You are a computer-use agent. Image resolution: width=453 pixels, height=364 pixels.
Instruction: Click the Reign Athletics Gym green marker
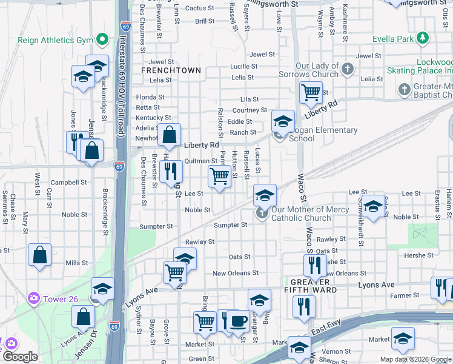coord(102,41)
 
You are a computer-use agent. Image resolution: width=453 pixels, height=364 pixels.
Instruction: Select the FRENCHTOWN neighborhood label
coord(171,70)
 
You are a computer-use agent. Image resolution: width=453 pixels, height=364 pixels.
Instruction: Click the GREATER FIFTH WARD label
coord(310,286)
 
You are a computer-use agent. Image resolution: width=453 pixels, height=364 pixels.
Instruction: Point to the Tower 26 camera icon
coord(33,298)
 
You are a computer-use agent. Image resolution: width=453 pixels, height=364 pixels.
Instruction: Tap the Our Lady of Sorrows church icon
coord(348,68)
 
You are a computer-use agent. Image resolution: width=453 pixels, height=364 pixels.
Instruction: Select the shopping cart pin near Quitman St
coord(219,177)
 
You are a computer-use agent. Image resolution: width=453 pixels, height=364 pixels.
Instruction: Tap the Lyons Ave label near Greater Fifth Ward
coord(376,285)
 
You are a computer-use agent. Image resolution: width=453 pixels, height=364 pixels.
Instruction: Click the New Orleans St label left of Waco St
coord(236,274)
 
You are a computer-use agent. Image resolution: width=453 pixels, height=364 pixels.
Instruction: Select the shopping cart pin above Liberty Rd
coord(311,93)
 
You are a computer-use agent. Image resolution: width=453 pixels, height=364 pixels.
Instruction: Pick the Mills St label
coord(77,263)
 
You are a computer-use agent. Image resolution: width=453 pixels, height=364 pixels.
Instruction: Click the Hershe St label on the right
coord(415,255)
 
